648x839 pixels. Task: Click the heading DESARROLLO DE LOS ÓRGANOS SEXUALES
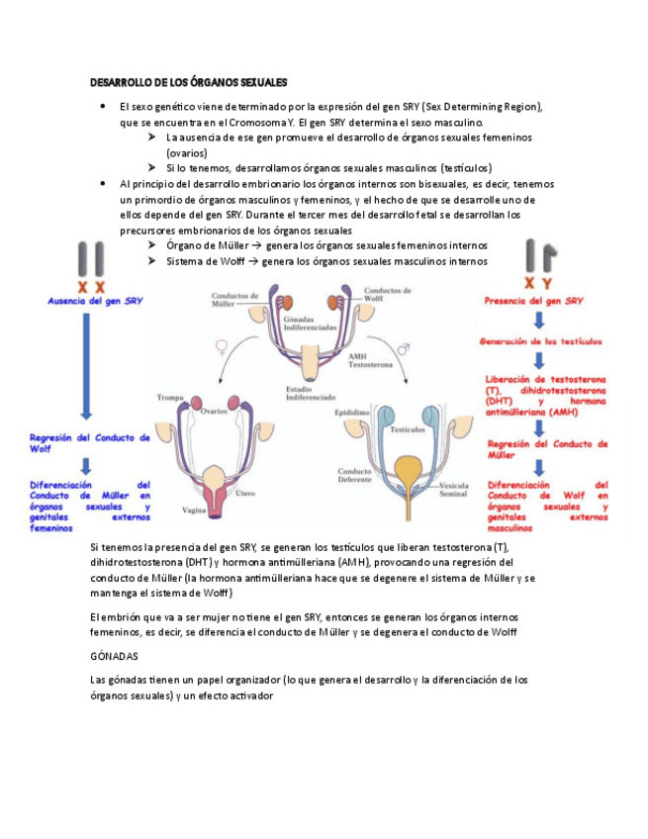click(188, 82)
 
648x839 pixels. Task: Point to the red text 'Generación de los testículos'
click(540, 341)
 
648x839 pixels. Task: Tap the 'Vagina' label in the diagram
click(193, 512)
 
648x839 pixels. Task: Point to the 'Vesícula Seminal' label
click(454, 491)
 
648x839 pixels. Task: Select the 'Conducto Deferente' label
click(354, 477)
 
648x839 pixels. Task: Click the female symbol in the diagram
click(221, 347)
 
